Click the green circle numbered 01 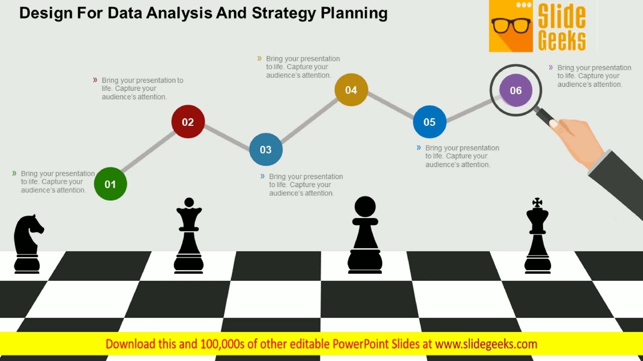[111, 184]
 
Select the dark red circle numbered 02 [188, 122]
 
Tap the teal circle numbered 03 [266, 149]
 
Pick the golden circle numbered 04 [351, 90]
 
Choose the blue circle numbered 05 [430, 122]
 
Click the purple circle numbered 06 [516, 90]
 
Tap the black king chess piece [538, 241]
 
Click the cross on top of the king [538, 203]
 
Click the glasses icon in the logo [511, 25]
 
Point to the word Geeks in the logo [562, 41]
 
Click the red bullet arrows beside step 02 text [95, 80]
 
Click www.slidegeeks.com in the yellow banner [486, 344]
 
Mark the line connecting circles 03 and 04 [309, 120]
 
